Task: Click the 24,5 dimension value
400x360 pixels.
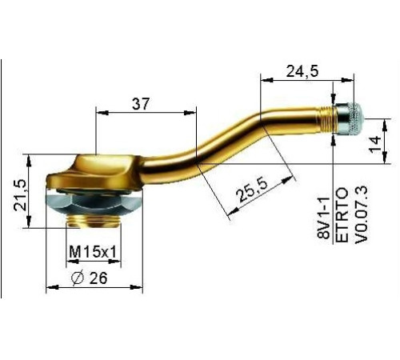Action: coord(302,71)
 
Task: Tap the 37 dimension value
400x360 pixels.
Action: coord(141,104)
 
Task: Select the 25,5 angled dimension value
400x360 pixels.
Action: coord(253,190)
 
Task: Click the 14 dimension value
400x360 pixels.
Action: coord(375,145)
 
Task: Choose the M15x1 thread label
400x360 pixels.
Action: coord(93,252)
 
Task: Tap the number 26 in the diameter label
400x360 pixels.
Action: coord(98,278)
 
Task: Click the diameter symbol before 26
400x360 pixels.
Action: coord(78,278)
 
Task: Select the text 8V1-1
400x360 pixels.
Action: coord(324,218)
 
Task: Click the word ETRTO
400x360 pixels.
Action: coord(342,215)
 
